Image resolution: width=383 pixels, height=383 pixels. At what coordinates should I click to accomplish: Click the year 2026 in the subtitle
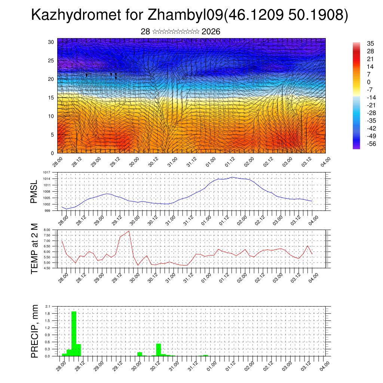(211, 32)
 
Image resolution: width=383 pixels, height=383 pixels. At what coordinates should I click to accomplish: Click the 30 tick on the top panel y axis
(51, 42)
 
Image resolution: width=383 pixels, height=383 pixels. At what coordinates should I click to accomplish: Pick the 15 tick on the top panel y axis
(51, 98)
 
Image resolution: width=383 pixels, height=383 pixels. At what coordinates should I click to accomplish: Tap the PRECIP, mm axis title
(34, 331)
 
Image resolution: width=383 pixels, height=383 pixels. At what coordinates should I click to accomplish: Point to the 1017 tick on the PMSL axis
(46, 172)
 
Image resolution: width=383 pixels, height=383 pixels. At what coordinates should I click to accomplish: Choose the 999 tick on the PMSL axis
(47, 211)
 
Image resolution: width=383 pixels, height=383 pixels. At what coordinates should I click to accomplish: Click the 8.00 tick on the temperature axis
(46, 230)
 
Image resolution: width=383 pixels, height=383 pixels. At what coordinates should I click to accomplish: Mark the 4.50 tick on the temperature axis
(46, 268)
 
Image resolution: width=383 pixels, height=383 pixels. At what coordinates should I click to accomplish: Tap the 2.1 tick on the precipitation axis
(48, 306)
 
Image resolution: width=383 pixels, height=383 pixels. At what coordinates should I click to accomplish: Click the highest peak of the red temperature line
(129, 231)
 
